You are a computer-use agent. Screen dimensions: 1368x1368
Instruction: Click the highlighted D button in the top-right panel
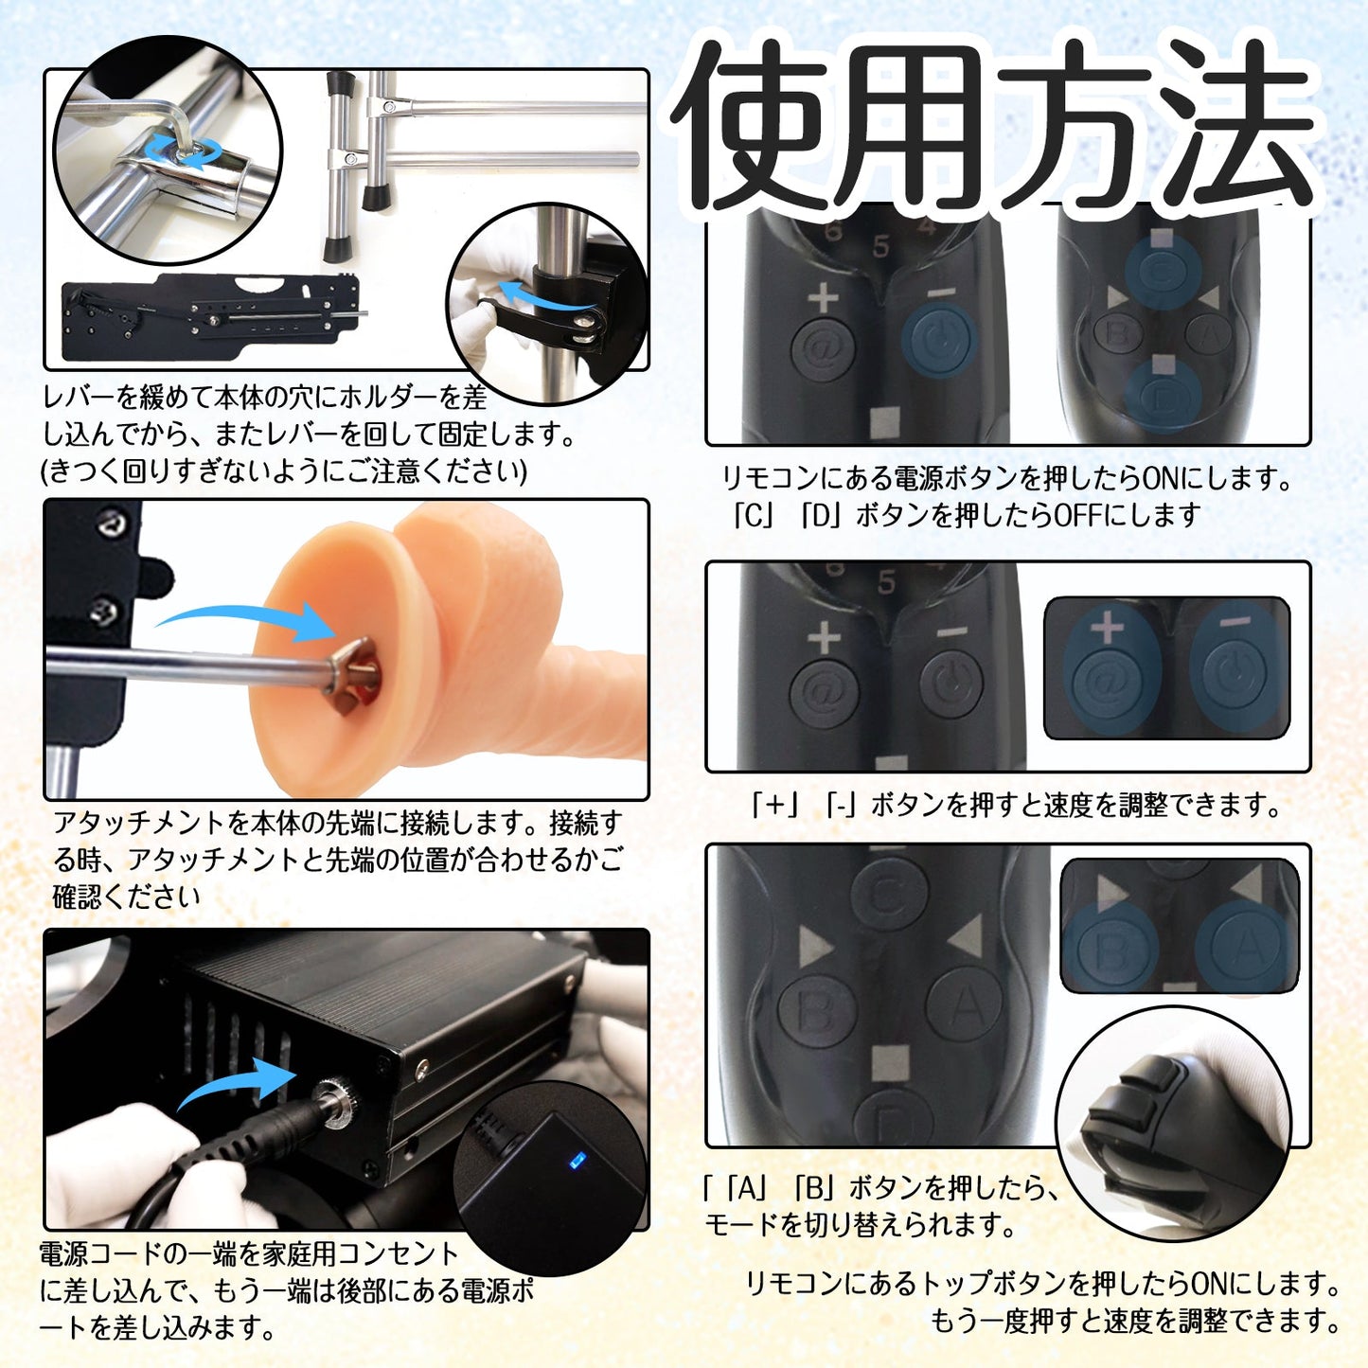point(1164,396)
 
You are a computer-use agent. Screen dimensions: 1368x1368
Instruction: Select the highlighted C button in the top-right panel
point(1164,271)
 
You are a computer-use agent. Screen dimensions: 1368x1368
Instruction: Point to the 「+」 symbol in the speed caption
point(775,805)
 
